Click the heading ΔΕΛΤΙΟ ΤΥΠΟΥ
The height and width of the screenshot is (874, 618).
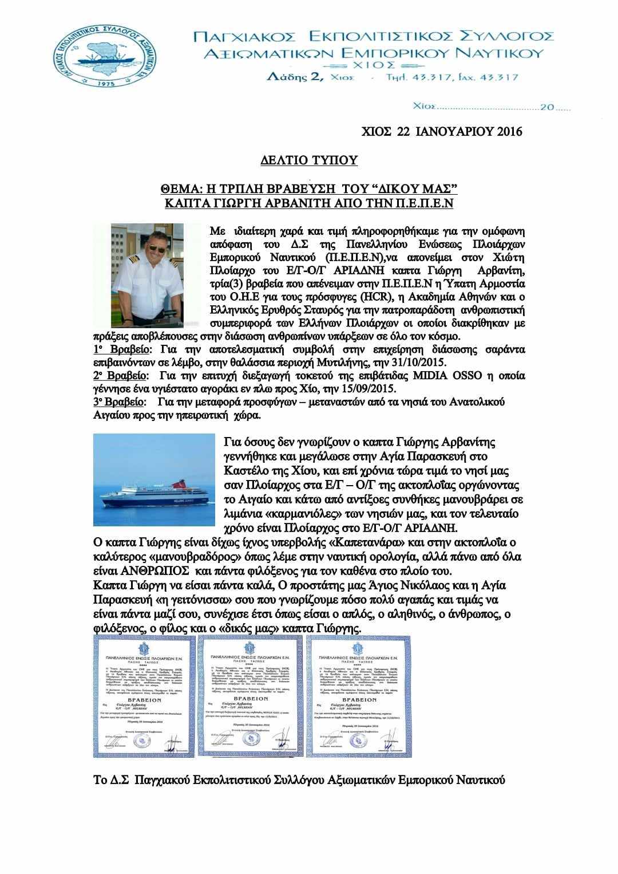[x=309, y=160]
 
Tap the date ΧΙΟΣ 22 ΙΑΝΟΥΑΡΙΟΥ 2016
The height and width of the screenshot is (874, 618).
[x=442, y=132]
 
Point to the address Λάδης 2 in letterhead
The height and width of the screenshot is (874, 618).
[x=295, y=76]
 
